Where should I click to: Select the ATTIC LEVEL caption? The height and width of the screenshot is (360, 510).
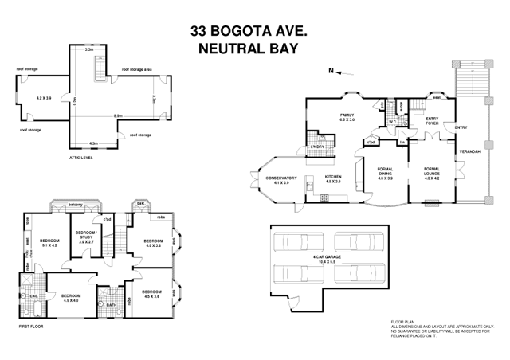(x=84, y=158)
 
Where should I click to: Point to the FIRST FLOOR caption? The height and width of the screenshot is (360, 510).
(x=29, y=327)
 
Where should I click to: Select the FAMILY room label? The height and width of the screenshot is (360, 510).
(x=347, y=116)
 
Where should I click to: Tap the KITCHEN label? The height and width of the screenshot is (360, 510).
(x=333, y=179)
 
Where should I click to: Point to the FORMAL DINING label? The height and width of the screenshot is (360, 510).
(x=385, y=175)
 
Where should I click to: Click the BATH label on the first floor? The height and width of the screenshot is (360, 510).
(x=111, y=303)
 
